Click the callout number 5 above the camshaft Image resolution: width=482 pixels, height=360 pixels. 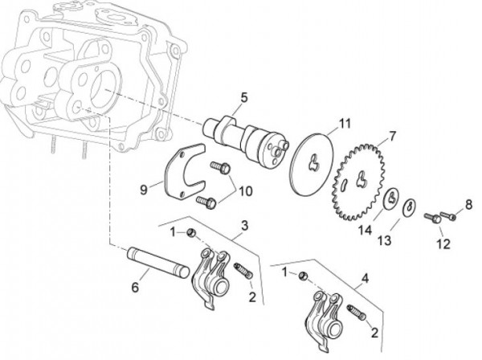(x=242, y=98)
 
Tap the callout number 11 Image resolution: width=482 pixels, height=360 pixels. (x=345, y=124)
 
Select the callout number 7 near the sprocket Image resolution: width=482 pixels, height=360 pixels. (x=393, y=134)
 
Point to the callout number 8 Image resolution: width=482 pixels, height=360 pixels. (x=468, y=203)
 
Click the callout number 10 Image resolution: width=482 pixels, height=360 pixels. (x=244, y=190)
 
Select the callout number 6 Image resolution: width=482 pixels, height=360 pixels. (x=136, y=286)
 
